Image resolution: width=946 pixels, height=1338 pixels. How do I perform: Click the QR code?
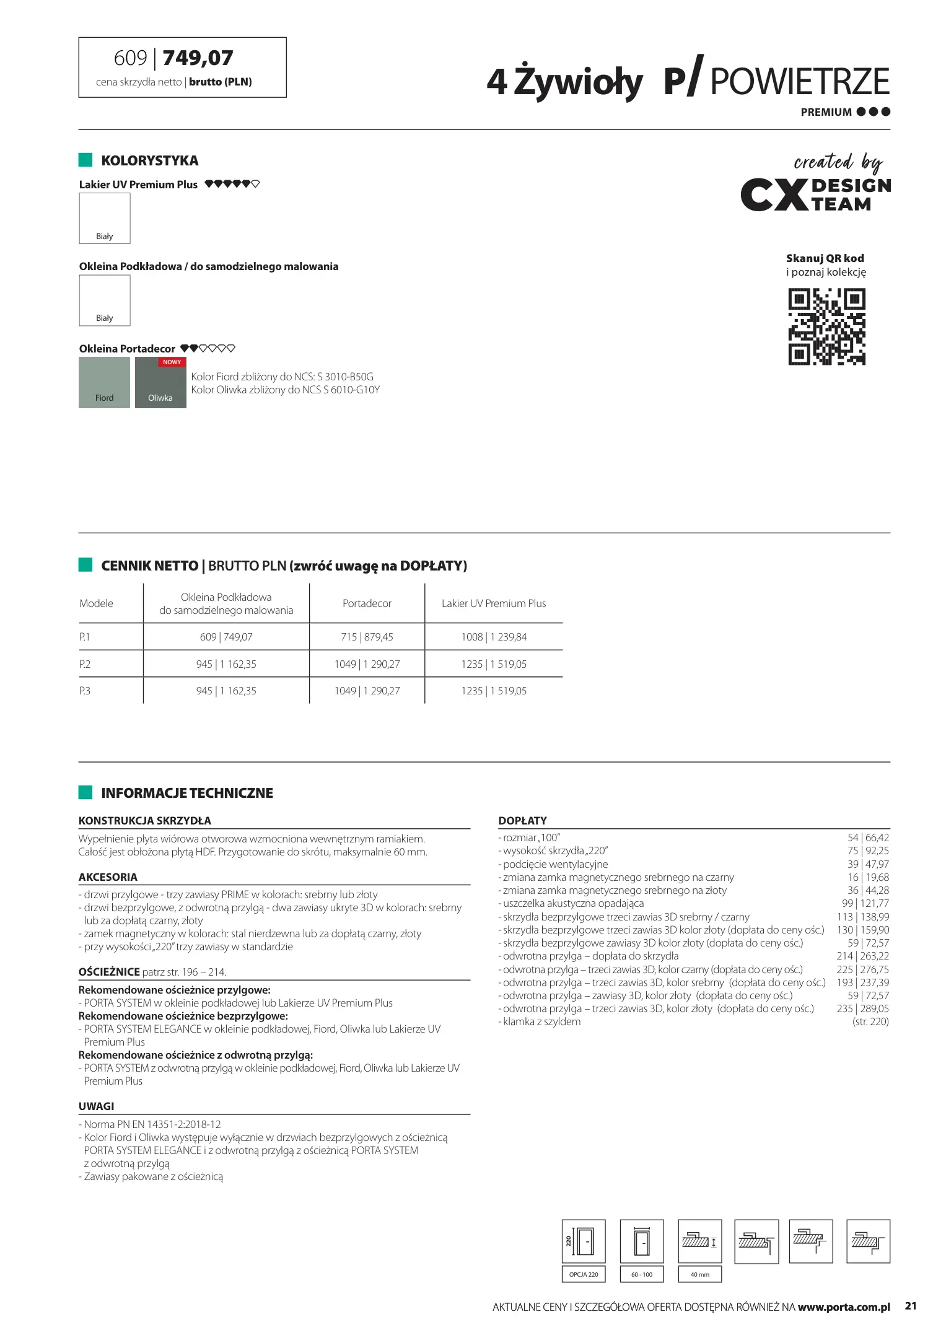coord(826,326)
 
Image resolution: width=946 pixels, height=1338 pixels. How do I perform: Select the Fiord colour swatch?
coord(104,382)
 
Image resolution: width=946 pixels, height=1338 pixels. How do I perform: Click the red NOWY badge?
coord(172,362)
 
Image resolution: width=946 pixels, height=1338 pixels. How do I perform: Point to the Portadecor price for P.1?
coord(367,637)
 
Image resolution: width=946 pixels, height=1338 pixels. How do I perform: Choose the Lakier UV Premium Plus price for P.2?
coord(494,664)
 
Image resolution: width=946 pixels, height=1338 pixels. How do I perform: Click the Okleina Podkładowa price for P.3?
coord(226,691)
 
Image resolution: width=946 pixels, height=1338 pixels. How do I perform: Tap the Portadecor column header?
coord(367,603)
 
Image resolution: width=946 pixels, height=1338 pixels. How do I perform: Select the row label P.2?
coord(85,664)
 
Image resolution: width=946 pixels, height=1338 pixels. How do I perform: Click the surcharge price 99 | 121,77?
coord(865,903)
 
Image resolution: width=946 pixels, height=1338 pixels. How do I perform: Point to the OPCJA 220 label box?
coord(584,1274)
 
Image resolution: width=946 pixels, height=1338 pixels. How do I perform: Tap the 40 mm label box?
coord(700,1274)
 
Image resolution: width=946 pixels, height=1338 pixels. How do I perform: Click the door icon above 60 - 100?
coord(642,1241)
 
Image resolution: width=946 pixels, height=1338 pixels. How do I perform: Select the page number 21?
coord(911,1306)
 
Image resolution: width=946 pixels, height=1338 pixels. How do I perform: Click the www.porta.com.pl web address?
coord(844,1307)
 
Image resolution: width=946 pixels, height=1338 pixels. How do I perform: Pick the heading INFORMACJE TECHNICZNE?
coord(187,793)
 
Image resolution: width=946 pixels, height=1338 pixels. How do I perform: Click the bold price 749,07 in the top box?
coord(198,58)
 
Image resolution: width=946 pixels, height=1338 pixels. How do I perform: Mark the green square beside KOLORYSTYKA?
coord(85,160)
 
